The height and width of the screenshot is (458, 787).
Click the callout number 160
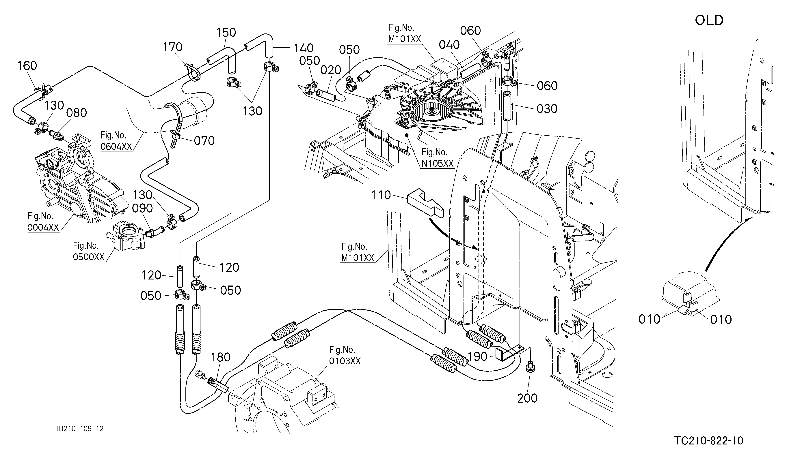[x=27, y=66]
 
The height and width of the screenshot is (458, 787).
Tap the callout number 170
[x=173, y=47]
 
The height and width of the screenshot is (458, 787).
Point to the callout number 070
[x=204, y=141]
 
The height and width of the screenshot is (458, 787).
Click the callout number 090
[x=142, y=208]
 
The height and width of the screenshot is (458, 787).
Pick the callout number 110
[x=381, y=195]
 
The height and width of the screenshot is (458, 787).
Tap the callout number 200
[x=527, y=398]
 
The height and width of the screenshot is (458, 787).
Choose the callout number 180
[x=221, y=357]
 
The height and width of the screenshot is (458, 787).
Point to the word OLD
[x=709, y=21]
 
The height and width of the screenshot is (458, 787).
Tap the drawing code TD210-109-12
[x=79, y=429]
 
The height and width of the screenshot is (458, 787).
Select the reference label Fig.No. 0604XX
[x=116, y=141]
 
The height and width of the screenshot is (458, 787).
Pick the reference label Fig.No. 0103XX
[x=345, y=355]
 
